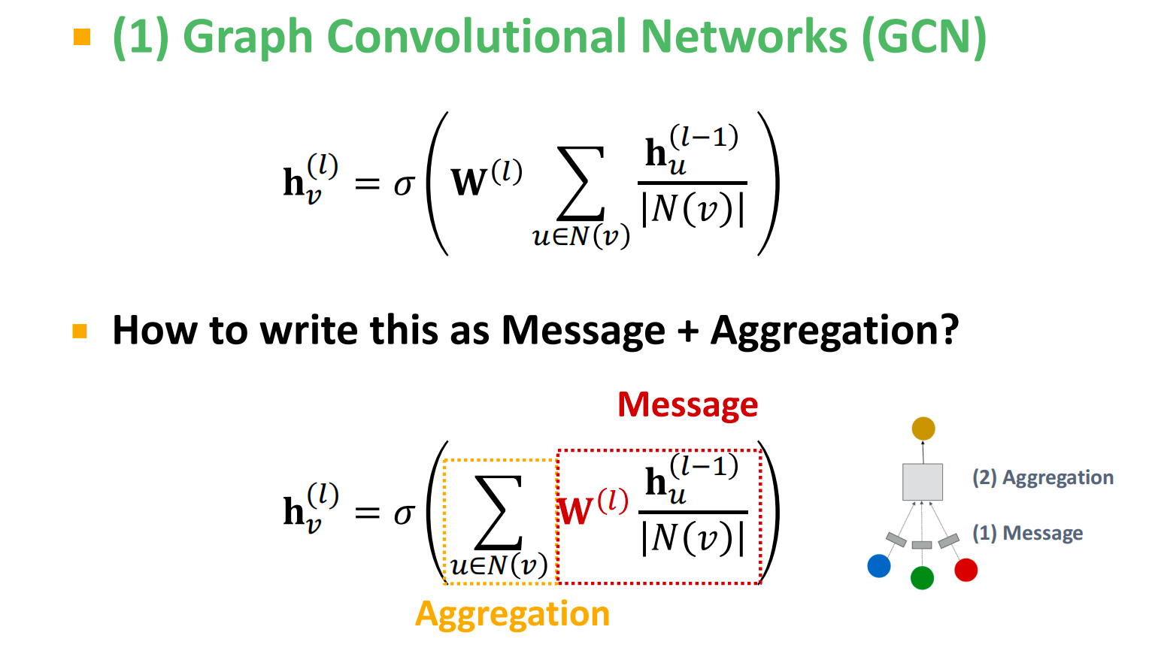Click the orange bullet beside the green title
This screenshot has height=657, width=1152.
[82, 36]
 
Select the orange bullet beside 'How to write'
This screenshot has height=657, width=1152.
[80, 331]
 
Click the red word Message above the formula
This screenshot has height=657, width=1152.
[687, 404]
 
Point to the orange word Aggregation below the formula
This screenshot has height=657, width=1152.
[512, 614]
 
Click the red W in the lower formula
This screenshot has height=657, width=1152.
[577, 512]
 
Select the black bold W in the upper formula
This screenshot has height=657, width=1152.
[469, 183]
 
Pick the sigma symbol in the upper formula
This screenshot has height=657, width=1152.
[404, 184]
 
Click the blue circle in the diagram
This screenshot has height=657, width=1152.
[878, 566]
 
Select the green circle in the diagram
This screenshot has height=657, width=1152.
[922, 577]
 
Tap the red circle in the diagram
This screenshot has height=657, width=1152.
[966, 570]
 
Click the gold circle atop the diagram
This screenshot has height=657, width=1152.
[923, 428]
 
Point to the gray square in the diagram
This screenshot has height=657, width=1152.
[923, 482]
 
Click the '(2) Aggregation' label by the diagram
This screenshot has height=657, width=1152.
[1042, 478]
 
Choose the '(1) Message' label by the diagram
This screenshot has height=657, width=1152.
[1027, 533]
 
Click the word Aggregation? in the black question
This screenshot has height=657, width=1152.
[835, 331]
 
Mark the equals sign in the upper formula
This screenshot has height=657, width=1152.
[367, 184]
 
